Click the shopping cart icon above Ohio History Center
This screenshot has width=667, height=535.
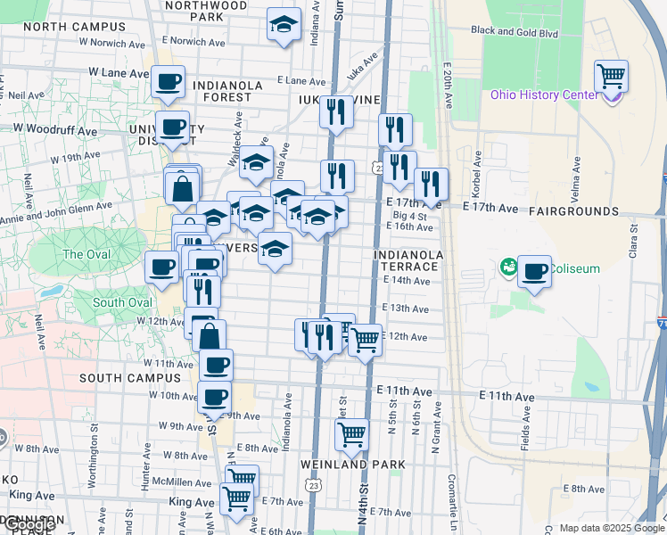[x=611, y=76]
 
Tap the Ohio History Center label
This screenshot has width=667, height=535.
[x=544, y=95]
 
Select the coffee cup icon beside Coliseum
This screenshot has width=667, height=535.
[x=534, y=270]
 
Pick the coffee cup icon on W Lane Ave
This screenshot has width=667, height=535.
[x=168, y=82]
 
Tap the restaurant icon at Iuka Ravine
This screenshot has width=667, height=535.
[x=335, y=112]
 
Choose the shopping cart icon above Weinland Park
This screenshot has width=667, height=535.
[x=352, y=435]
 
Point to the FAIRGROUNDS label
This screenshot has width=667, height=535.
[x=572, y=211]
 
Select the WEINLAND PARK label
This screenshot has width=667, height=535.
[x=352, y=465]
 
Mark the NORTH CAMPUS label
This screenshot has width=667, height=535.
[x=62, y=27]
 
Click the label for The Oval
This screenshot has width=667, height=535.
[x=85, y=254]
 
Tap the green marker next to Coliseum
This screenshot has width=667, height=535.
[x=508, y=266]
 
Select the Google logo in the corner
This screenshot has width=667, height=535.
[x=30, y=525]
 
